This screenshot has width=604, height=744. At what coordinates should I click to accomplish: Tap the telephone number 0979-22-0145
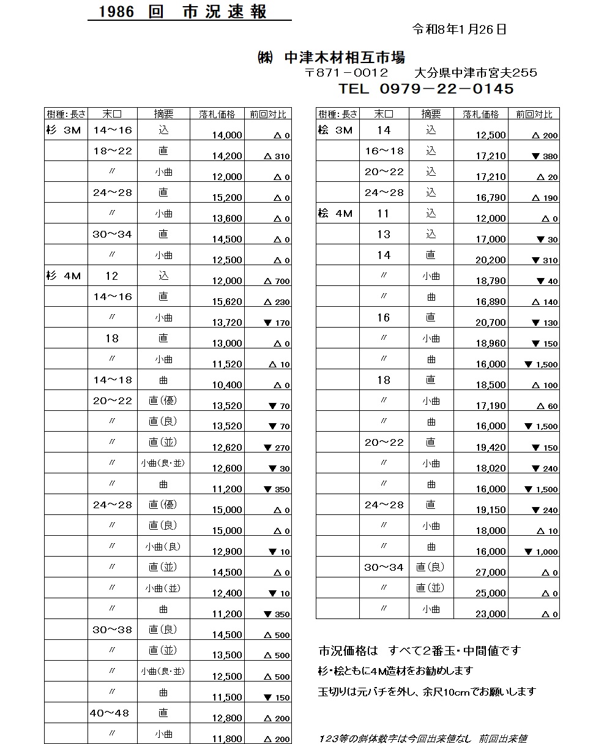pyautogui.click(x=446, y=89)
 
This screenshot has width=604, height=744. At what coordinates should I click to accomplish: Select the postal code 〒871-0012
pyautogui.click(x=346, y=73)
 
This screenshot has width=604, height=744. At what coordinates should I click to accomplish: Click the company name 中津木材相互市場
pyautogui.click(x=345, y=58)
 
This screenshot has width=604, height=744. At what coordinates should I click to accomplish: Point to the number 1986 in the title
pyautogui.click(x=116, y=13)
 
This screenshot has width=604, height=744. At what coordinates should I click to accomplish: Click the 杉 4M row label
pyautogui.click(x=64, y=276)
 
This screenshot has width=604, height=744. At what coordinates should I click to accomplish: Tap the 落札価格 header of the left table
pyautogui.click(x=217, y=114)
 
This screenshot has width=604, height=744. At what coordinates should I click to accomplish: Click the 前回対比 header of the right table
pyautogui.click(x=534, y=114)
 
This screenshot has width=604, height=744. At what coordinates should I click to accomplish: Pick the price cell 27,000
pyautogui.click(x=491, y=573)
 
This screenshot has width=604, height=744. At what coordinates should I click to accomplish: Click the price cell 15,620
pyautogui.click(x=227, y=302)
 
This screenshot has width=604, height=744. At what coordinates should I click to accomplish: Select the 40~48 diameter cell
pyautogui.click(x=112, y=713)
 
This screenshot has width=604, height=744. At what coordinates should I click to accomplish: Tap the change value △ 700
pyautogui.click(x=277, y=282)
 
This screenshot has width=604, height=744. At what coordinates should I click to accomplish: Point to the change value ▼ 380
pyautogui.click(x=545, y=157)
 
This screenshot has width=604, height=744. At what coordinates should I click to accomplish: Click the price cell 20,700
pyautogui.click(x=491, y=323)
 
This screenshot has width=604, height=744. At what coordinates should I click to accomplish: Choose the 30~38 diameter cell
pyautogui.click(x=112, y=630)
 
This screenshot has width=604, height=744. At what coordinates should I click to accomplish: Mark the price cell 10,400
pyautogui.click(x=227, y=385)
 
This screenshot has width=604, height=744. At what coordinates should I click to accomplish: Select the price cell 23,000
pyautogui.click(x=491, y=614)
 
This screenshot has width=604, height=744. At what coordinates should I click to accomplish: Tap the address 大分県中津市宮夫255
pyautogui.click(x=475, y=73)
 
